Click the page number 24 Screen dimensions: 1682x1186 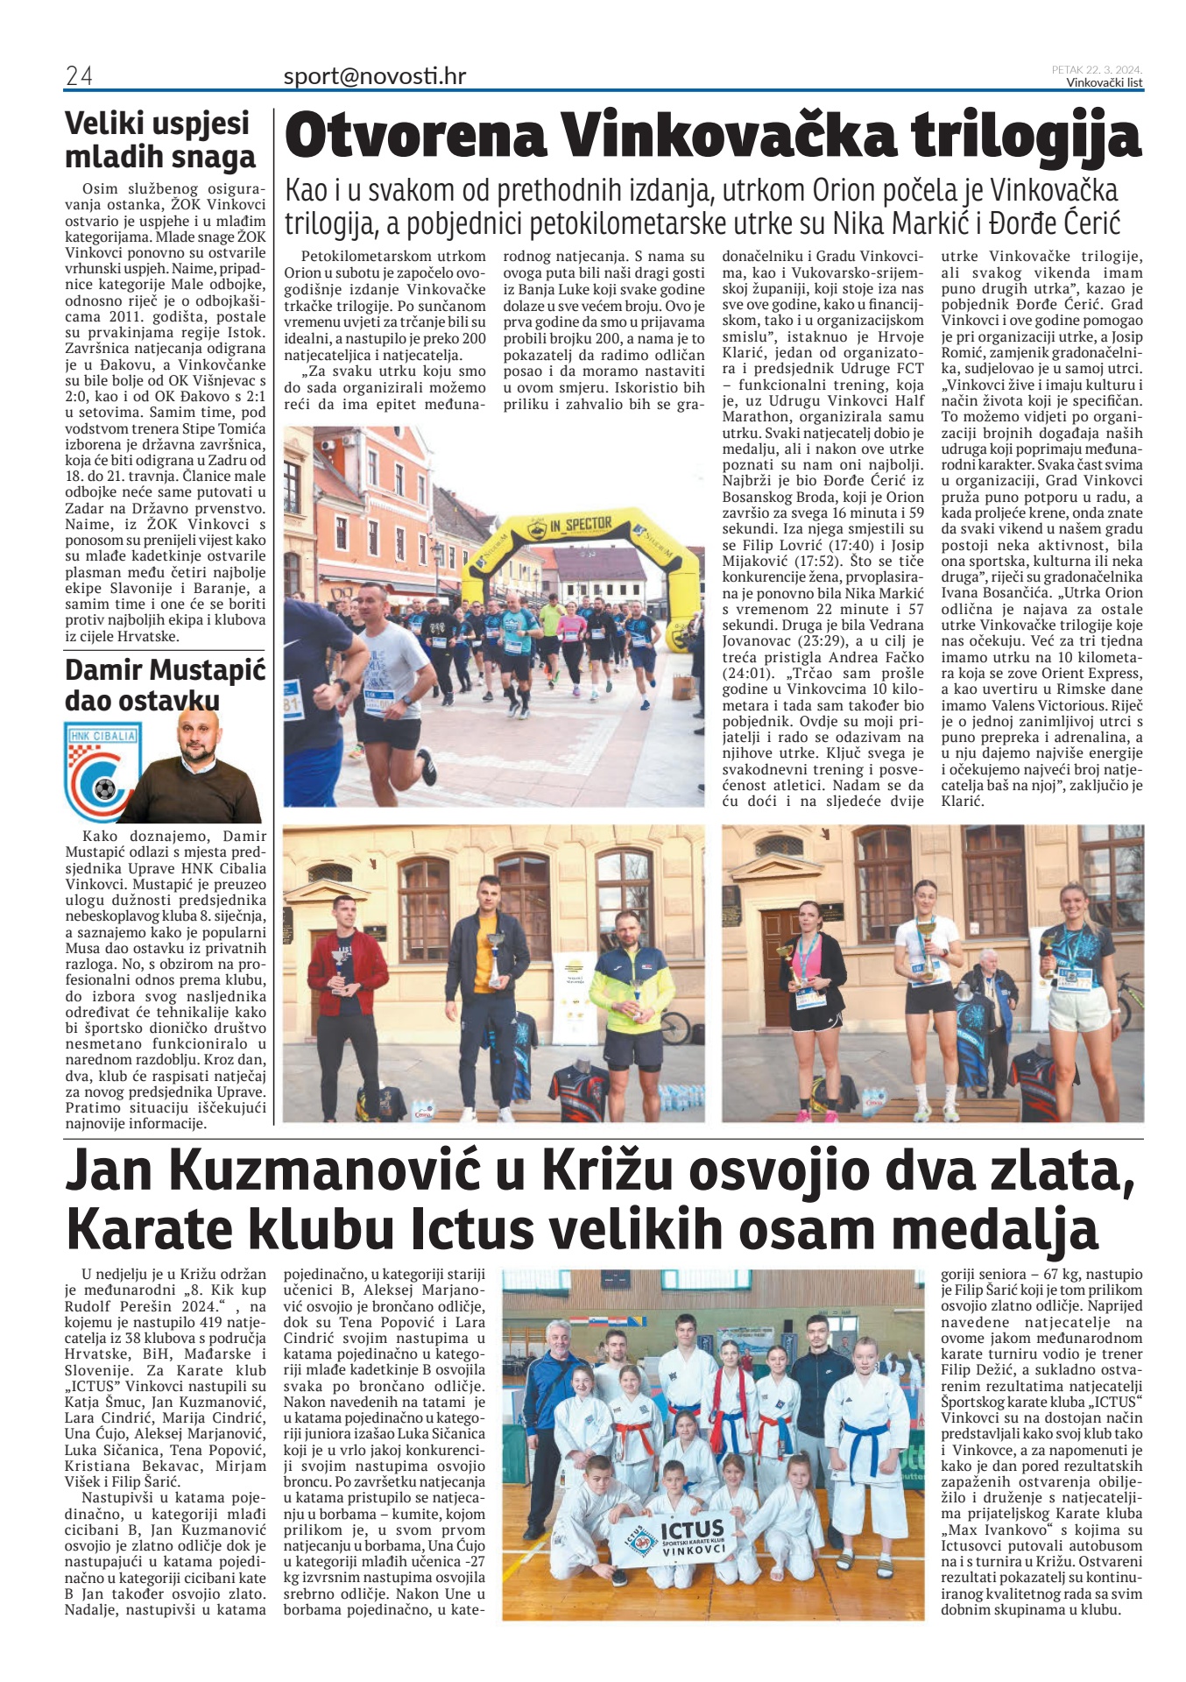pyautogui.click(x=79, y=76)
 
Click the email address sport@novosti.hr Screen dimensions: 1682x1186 pyautogui.click(x=374, y=76)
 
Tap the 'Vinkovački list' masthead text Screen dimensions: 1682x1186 pyautogui.click(x=1104, y=83)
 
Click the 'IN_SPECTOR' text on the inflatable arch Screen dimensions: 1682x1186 pyautogui.click(x=580, y=525)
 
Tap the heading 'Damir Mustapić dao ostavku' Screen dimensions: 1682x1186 pyautogui.click(x=165, y=685)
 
